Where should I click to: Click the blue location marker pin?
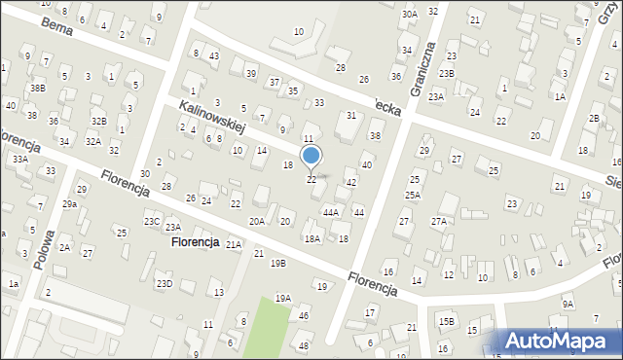[x=311, y=156]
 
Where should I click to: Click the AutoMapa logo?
[x=561, y=342]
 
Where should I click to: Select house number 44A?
[x=331, y=212]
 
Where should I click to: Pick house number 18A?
[x=311, y=238]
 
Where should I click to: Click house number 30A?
[x=409, y=14]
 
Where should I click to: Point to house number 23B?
[x=446, y=74]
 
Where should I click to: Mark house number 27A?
[x=439, y=222]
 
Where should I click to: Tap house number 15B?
[x=446, y=321]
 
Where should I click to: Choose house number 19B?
[x=278, y=263]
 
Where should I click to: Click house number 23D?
[x=165, y=283]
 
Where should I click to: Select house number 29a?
[x=69, y=204]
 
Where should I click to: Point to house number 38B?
[x=37, y=89]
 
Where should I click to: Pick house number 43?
[x=213, y=55]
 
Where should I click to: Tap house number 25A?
[x=413, y=196]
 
